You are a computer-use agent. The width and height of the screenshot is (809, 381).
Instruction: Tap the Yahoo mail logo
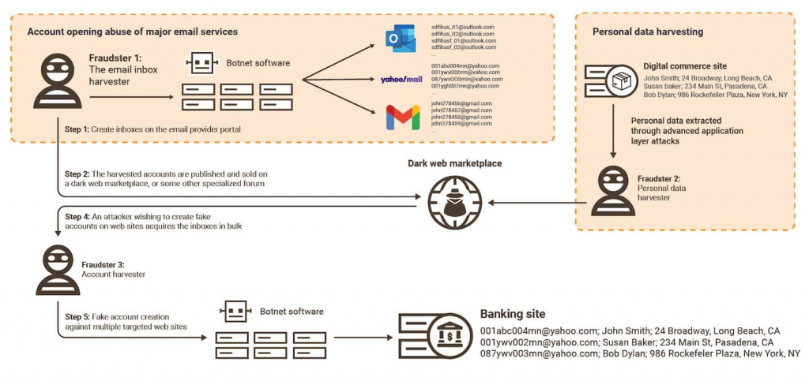click(401, 80)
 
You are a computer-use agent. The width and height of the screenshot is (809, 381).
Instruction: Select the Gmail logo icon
click(402, 117)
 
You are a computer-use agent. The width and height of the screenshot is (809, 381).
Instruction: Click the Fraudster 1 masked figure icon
click(58, 81)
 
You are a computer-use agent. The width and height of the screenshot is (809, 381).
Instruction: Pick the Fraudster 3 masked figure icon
click(58, 269)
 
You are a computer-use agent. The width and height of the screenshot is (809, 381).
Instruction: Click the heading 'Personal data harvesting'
click(647, 32)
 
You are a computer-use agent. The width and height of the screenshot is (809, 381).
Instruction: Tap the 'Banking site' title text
click(512, 314)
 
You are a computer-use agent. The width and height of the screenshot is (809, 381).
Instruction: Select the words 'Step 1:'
click(77, 128)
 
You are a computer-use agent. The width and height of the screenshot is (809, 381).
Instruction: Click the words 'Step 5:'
click(77, 316)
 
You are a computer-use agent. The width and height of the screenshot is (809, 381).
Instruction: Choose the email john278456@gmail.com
click(461, 103)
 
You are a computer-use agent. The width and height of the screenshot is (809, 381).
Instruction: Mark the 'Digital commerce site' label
click(684, 66)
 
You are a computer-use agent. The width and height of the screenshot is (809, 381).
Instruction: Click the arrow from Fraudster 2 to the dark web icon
click(537, 204)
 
